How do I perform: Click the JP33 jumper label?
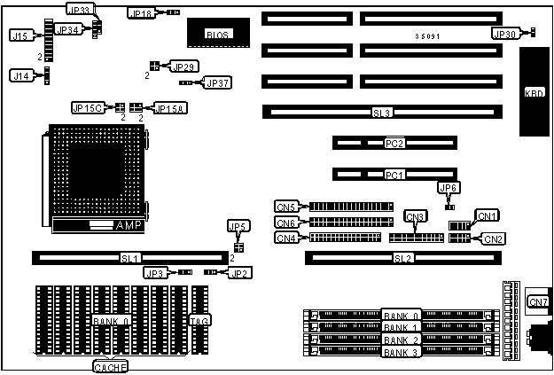pyautogui.click(x=78, y=9)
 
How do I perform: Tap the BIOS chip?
pyautogui.click(x=216, y=34)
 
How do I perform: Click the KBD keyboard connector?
pyautogui.click(x=534, y=92)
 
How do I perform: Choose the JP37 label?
pyautogui.click(x=217, y=82)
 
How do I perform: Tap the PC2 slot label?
pyautogui.click(x=394, y=143)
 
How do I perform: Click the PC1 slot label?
pyautogui.click(x=394, y=175)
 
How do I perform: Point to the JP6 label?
pyautogui.click(x=449, y=187)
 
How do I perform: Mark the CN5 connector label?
pyautogui.click(x=286, y=207)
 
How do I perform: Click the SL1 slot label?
pyautogui.click(x=130, y=258)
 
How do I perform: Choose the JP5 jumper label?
pyautogui.click(x=238, y=226)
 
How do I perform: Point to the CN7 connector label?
pyautogui.click(x=538, y=302)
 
